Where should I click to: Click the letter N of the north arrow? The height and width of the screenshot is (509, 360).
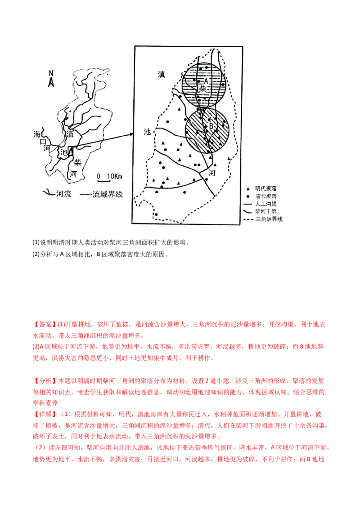pyautogui.click(x=51, y=73)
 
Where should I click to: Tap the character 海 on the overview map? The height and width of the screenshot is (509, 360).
pyautogui.click(x=38, y=134)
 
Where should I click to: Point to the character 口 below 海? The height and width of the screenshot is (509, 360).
pyautogui.click(x=44, y=141)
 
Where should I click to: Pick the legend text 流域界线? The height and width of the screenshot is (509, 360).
pyautogui.click(x=107, y=194)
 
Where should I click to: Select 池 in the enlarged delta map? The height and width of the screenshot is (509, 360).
pyautogui.click(x=147, y=132)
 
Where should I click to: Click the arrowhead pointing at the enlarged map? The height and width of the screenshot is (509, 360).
pyautogui.click(x=132, y=134)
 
